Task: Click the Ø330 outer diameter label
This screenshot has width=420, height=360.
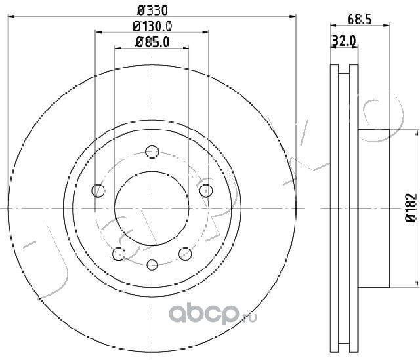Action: (x=152, y=10)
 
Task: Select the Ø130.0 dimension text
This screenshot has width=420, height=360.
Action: (x=152, y=26)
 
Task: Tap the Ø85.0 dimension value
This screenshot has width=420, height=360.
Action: (x=152, y=42)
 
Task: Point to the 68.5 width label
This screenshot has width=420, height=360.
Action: (x=360, y=19)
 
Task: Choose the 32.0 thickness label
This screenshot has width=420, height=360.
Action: (x=344, y=41)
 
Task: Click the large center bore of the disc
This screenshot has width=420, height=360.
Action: (x=152, y=208)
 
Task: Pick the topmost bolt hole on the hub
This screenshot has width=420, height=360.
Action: (x=152, y=151)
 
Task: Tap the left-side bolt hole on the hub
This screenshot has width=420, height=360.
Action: (x=98, y=191)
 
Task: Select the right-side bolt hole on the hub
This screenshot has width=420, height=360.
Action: (x=206, y=191)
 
